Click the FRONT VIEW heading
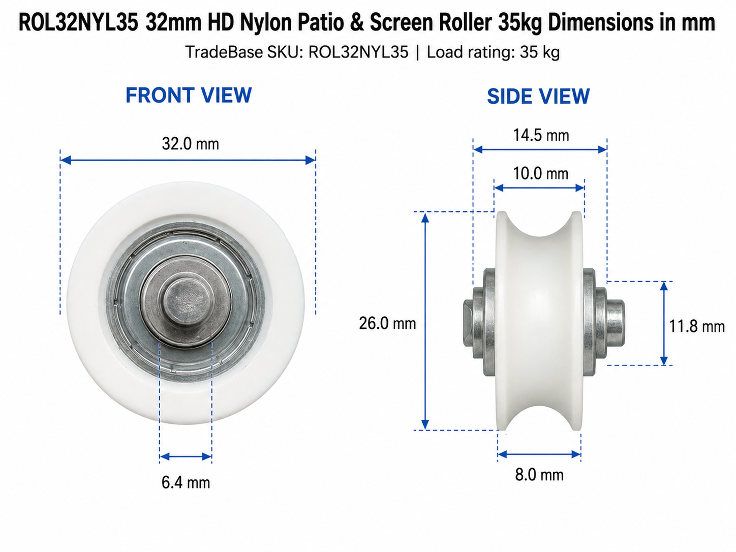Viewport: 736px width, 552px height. pyautogui.click(x=189, y=95)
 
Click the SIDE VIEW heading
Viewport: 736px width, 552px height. pyautogui.click(x=538, y=97)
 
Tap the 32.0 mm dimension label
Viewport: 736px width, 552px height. pyautogui.click(x=191, y=144)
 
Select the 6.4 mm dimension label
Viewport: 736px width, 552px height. pyautogui.click(x=186, y=483)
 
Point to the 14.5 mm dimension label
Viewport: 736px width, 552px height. pyautogui.click(x=541, y=135)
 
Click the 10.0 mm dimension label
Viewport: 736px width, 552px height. pyautogui.click(x=541, y=174)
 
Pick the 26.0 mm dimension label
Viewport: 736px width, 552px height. pyautogui.click(x=387, y=323)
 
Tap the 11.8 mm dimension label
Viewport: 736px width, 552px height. pyautogui.click(x=697, y=326)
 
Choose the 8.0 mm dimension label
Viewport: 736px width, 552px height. pyautogui.click(x=539, y=475)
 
